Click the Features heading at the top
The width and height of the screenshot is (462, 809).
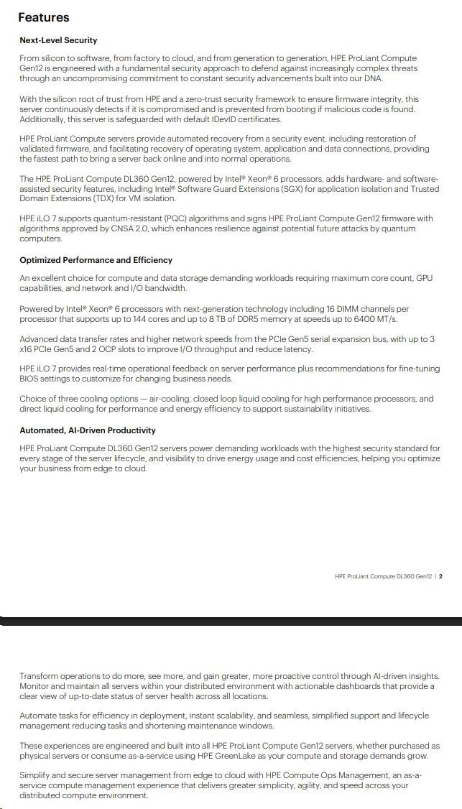[x=44, y=17]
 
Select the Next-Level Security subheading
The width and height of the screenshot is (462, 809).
[x=58, y=40]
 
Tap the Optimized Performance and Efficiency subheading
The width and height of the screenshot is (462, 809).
[x=96, y=260]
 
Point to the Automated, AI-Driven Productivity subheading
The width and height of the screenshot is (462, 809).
[x=87, y=430]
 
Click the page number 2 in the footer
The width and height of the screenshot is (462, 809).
[x=440, y=576]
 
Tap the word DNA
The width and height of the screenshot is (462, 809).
[x=373, y=78]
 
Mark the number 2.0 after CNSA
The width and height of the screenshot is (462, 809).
[x=160, y=228]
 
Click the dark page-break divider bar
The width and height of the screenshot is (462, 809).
[x=231, y=621]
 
